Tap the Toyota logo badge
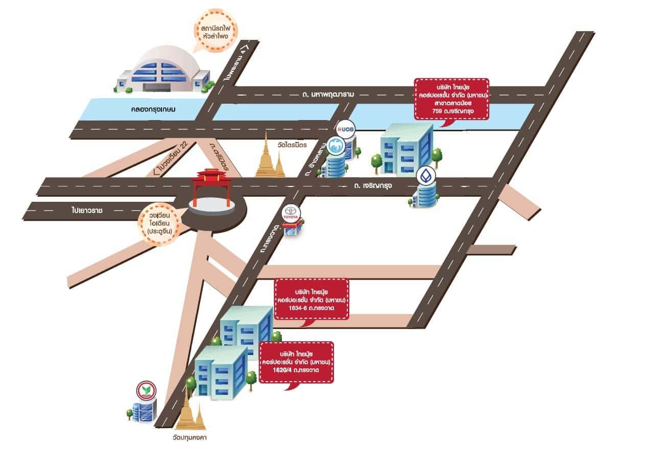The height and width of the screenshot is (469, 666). (292, 213)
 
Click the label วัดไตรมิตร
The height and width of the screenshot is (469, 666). (292, 145)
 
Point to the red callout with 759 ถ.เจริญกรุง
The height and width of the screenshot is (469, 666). (451, 99)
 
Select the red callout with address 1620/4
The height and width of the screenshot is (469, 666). (296, 362)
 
